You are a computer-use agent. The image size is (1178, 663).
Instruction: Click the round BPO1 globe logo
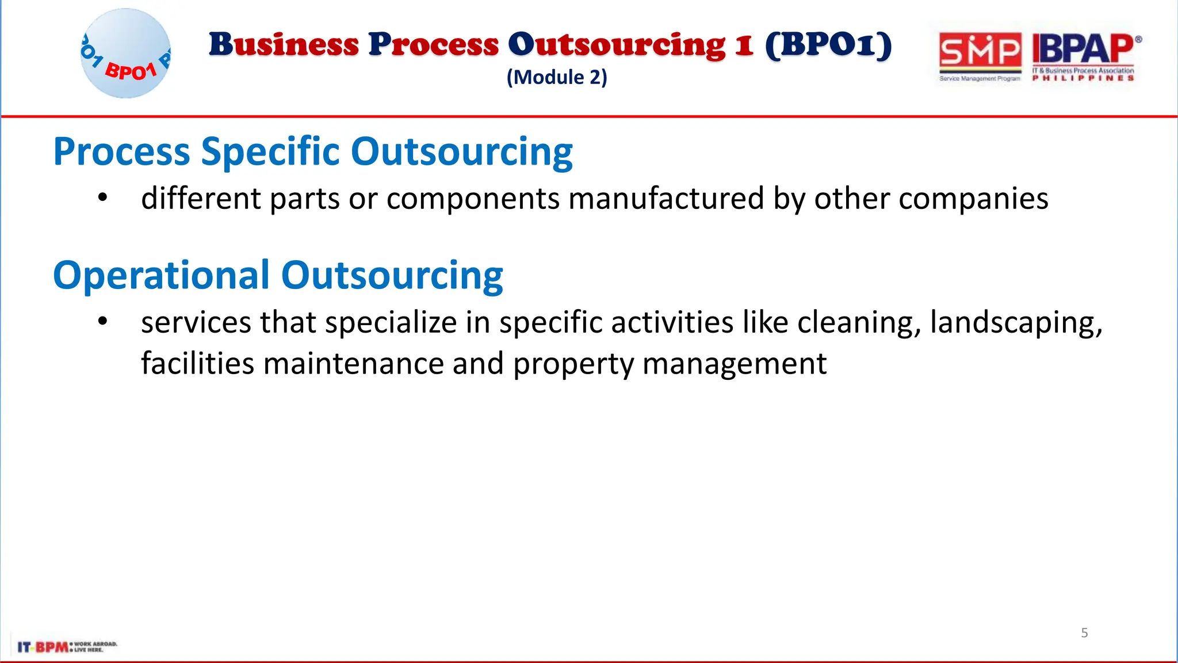(x=126, y=54)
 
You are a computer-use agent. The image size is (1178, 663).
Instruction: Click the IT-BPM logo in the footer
(x=66, y=646)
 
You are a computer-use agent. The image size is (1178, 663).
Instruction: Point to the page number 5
(x=1084, y=633)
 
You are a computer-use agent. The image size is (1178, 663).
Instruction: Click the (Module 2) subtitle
(x=556, y=77)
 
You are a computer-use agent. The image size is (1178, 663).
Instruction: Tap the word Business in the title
(x=284, y=45)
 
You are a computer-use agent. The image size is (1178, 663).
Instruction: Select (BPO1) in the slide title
(x=828, y=45)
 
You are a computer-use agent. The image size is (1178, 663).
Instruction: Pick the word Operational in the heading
(x=161, y=275)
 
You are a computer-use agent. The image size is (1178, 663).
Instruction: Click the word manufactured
(x=666, y=199)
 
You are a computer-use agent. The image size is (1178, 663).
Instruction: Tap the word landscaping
(x=1016, y=322)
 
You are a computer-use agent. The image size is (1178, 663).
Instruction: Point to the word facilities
(x=197, y=364)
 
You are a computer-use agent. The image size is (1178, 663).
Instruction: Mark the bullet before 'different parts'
(x=102, y=197)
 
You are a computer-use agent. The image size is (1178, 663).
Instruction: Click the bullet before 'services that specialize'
(x=102, y=321)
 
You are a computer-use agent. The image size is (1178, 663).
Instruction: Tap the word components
(x=473, y=199)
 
